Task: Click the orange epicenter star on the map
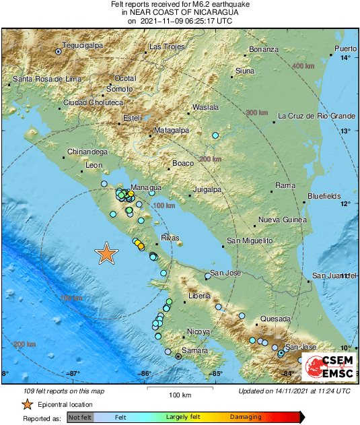106,253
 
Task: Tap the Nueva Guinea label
283,220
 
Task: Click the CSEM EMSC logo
326,364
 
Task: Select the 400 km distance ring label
303,66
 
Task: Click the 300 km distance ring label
256,112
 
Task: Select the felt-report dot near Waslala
215,135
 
